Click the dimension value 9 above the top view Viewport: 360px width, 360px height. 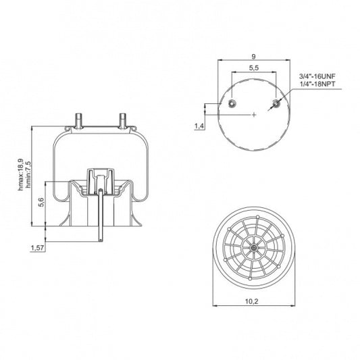coord(253,57)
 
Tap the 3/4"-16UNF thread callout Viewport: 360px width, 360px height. coord(317,78)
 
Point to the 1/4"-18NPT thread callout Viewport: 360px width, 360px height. coord(317,85)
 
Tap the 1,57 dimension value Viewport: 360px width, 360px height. coord(38,249)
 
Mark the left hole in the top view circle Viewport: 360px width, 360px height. coord(232,103)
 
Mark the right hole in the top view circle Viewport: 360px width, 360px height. coord(276,103)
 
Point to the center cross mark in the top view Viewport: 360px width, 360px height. coord(253,115)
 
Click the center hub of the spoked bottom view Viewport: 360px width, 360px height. coord(253,249)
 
